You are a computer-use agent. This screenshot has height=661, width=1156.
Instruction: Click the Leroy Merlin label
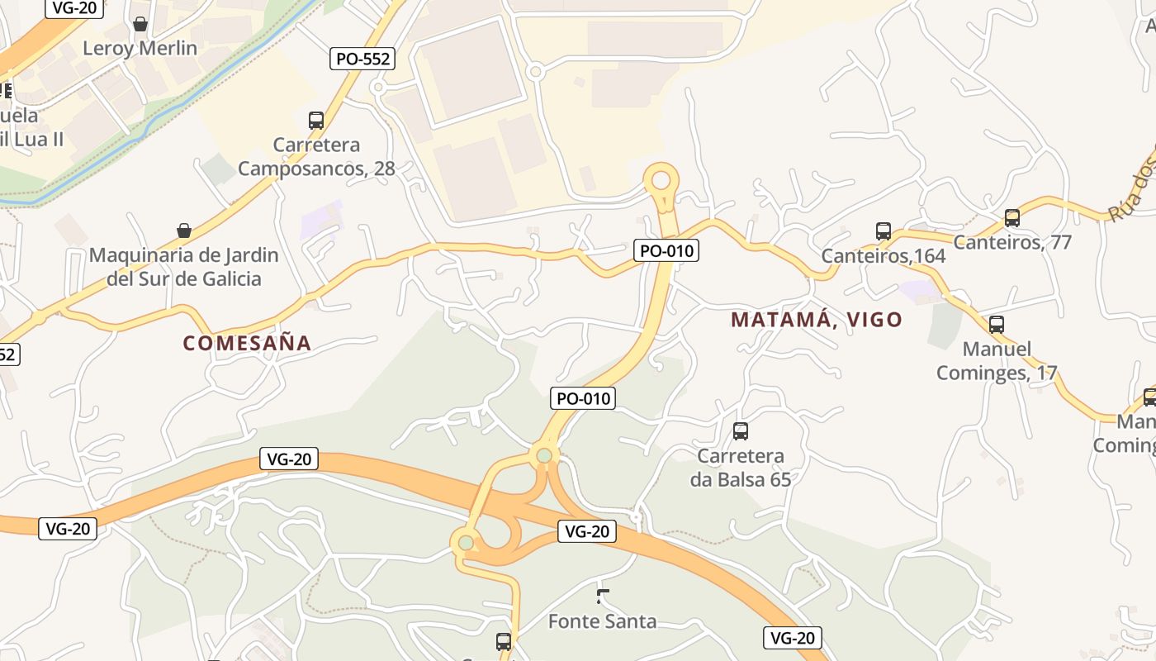point(140,48)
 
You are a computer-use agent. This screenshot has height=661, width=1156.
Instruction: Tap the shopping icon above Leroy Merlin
point(140,24)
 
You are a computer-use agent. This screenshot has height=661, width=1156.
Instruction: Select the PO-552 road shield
point(362,59)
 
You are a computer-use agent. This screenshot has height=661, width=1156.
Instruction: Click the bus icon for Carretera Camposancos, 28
point(316,121)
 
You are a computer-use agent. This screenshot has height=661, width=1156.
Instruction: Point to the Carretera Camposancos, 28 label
point(317,157)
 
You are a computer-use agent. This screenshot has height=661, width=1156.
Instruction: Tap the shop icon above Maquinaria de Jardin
point(184,231)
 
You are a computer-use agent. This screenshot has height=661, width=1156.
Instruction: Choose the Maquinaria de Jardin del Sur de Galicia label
point(184,267)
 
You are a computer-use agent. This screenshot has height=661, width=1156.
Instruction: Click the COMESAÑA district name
point(247,343)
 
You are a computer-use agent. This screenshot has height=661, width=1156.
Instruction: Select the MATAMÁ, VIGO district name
point(817,320)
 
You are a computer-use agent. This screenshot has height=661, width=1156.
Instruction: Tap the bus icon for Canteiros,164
point(884,231)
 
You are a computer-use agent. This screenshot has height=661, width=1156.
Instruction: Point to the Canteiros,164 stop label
point(884,256)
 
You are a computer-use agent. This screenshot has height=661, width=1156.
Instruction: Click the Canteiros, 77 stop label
point(1012,242)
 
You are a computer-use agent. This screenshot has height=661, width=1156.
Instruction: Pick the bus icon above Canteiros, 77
point(1012,218)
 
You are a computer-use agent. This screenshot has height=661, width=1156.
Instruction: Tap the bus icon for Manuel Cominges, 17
point(997,325)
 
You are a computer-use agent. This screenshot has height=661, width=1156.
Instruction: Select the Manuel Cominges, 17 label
point(997,361)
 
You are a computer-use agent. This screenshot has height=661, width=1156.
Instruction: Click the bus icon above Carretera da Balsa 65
point(741,430)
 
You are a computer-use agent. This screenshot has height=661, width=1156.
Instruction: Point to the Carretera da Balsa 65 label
point(741,468)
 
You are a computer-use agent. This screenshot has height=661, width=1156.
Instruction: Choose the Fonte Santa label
point(603,621)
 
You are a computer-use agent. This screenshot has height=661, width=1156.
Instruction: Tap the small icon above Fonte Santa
point(603,595)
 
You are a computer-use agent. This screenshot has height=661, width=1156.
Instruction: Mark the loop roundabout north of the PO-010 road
point(661,179)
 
